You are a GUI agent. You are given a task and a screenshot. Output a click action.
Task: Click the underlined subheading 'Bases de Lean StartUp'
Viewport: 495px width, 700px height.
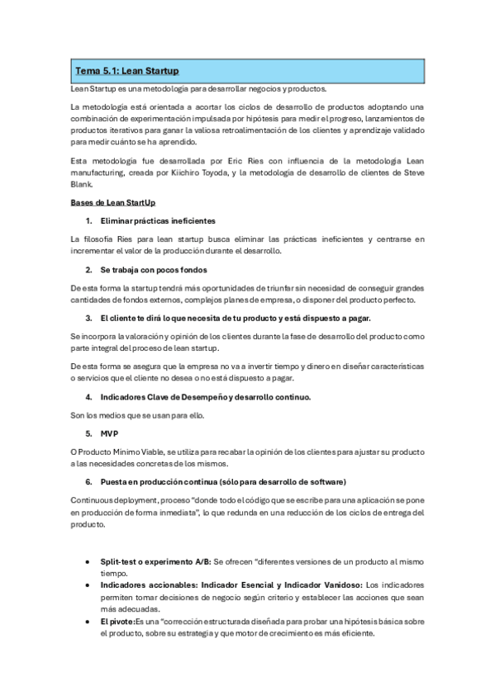click(112, 202)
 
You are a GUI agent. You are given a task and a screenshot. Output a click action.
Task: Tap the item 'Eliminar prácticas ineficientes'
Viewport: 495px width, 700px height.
click(158, 221)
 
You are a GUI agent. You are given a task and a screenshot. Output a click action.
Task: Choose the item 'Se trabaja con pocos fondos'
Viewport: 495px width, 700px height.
click(152, 270)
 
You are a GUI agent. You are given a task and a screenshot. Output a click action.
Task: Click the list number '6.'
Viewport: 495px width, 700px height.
click(88, 481)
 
